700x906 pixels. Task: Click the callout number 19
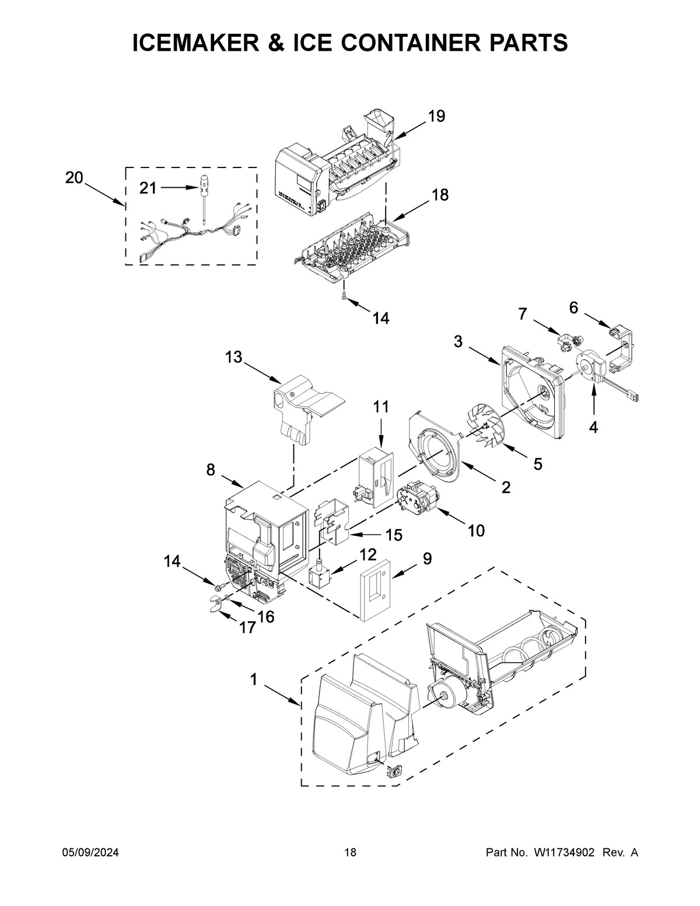[436, 116]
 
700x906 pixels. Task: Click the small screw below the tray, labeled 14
[344, 296]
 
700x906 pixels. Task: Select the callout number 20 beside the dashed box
[74, 178]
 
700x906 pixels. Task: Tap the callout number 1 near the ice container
[253, 678]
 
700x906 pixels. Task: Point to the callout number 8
[211, 470]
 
